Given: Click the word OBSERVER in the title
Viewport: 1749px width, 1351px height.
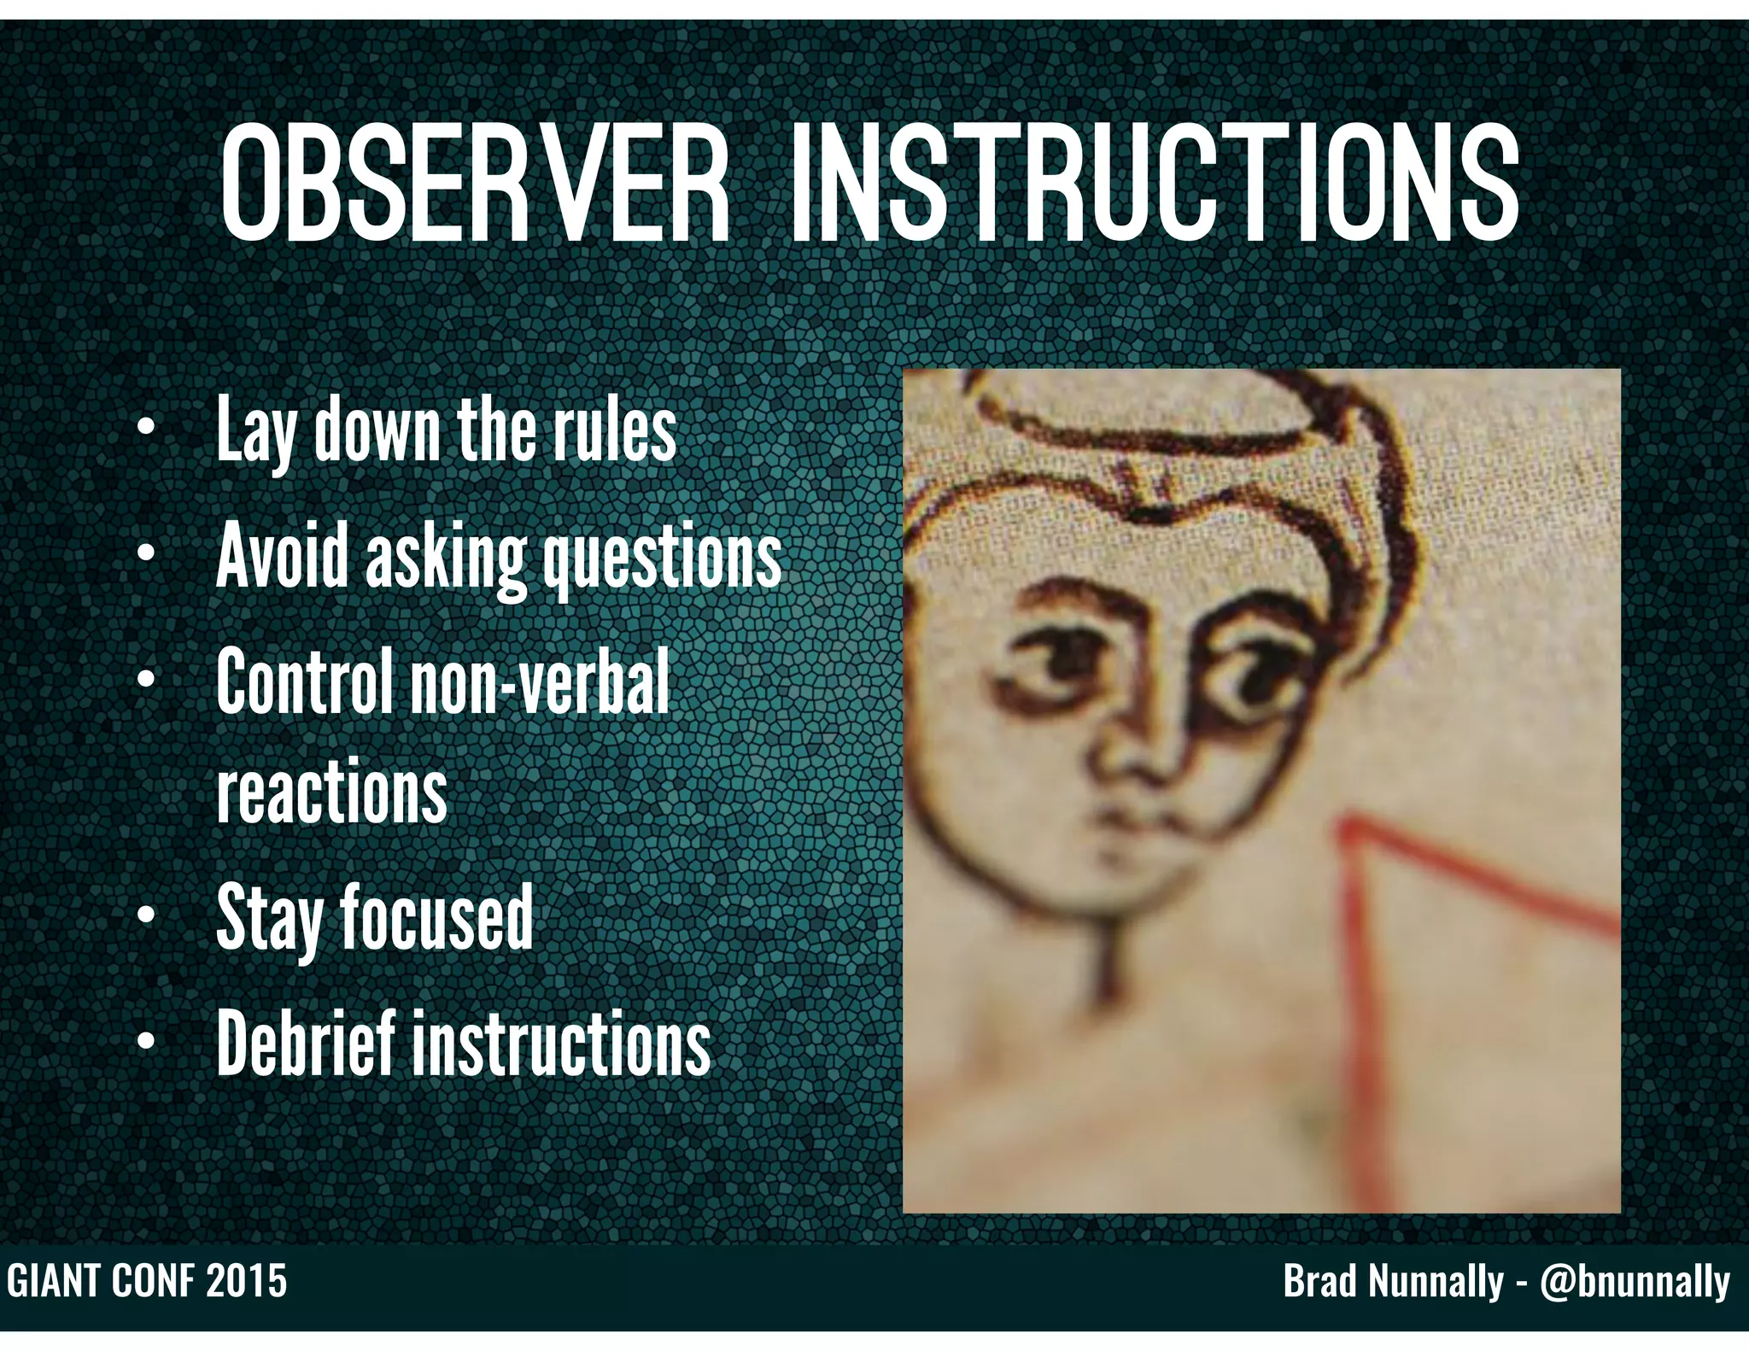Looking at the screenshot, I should [474, 184].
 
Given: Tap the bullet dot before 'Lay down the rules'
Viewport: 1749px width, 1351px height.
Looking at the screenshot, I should [146, 427].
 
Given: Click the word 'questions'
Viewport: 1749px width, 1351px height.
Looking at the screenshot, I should [663, 558].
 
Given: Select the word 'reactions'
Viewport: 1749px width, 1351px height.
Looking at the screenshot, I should [331, 792].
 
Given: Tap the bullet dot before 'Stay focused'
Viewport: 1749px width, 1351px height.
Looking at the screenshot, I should [146, 918].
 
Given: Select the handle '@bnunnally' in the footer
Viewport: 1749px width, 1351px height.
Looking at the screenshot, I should [1635, 1282].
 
